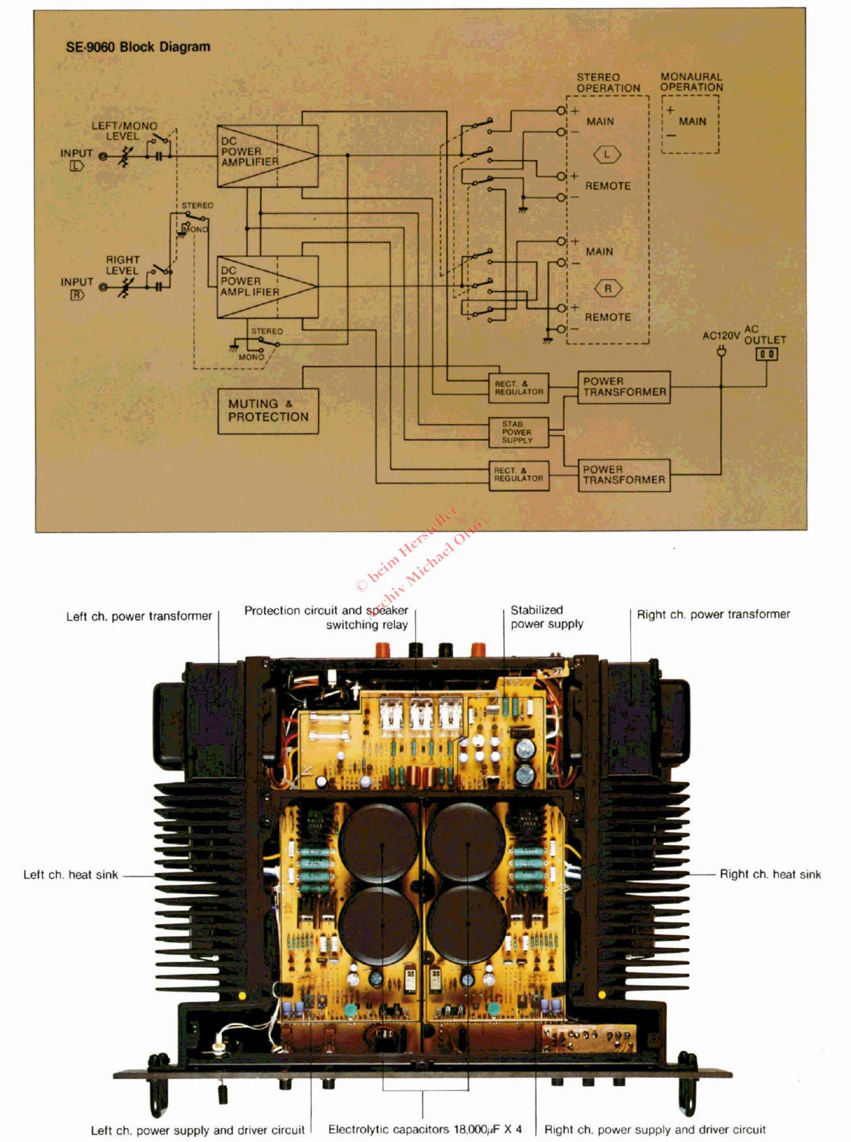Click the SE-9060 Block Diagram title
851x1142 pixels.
point(138,47)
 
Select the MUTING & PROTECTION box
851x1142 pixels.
point(268,410)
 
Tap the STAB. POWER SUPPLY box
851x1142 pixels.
point(518,432)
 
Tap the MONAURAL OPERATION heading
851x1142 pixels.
point(692,82)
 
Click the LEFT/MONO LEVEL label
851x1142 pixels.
point(124,131)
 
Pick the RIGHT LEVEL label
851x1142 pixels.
point(123,265)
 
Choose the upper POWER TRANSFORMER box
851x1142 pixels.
point(624,387)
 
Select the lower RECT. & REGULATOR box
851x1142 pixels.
point(518,475)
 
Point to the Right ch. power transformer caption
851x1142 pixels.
point(713,614)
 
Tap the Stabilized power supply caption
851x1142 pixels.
point(547,617)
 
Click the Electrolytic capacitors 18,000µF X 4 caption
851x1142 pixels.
point(425,1129)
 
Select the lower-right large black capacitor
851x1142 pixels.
point(467,925)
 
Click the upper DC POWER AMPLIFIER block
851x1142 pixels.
point(268,156)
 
